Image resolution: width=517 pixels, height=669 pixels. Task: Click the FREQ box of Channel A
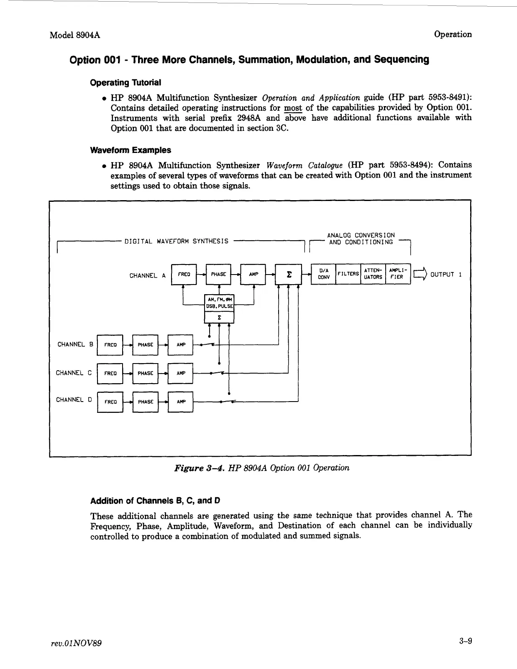click(184, 275)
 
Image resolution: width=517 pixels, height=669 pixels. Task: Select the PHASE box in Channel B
click(145, 345)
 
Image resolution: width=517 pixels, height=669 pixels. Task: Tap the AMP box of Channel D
click(181, 402)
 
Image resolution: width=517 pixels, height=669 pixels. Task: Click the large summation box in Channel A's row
click(288, 275)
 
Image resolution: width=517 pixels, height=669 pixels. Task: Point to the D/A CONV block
click(323, 274)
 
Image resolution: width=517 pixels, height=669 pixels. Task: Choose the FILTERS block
click(348, 274)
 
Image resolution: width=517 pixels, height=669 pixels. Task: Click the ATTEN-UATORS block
click(373, 274)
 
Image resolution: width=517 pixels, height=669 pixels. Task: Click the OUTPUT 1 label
click(446, 275)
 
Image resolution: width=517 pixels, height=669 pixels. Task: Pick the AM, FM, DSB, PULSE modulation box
click(219, 303)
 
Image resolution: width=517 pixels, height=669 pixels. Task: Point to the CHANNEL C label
click(74, 373)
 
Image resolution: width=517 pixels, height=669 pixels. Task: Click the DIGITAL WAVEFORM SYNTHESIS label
click(177, 241)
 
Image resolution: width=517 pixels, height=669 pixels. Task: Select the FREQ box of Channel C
click(110, 373)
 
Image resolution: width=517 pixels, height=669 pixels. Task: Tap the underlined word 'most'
click(291, 108)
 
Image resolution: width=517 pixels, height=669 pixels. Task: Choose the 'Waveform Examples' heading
click(131, 150)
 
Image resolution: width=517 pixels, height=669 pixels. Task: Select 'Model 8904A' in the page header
click(74, 35)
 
